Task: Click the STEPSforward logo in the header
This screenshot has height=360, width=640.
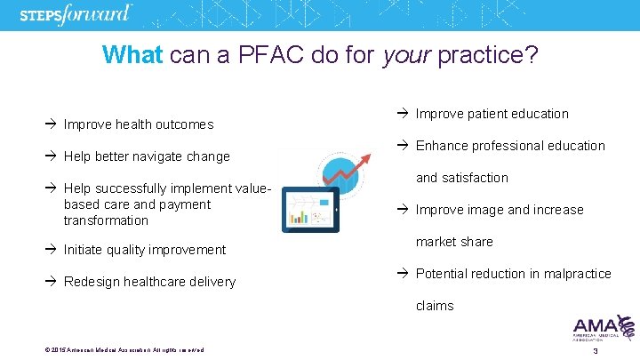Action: point(76,15)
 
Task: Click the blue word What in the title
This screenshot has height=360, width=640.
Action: point(132,55)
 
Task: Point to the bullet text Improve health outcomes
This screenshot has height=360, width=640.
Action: point(139,124)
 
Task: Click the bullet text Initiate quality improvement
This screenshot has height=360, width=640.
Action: point(145,250)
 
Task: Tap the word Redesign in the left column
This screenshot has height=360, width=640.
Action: point(93,282)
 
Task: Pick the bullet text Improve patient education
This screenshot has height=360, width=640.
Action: point(492,114)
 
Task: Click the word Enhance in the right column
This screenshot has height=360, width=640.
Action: point(442,146)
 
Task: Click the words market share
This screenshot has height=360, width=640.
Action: point(454,242)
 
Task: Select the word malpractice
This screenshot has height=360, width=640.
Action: point(571,274)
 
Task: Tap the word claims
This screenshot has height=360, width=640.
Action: point(435,306)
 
